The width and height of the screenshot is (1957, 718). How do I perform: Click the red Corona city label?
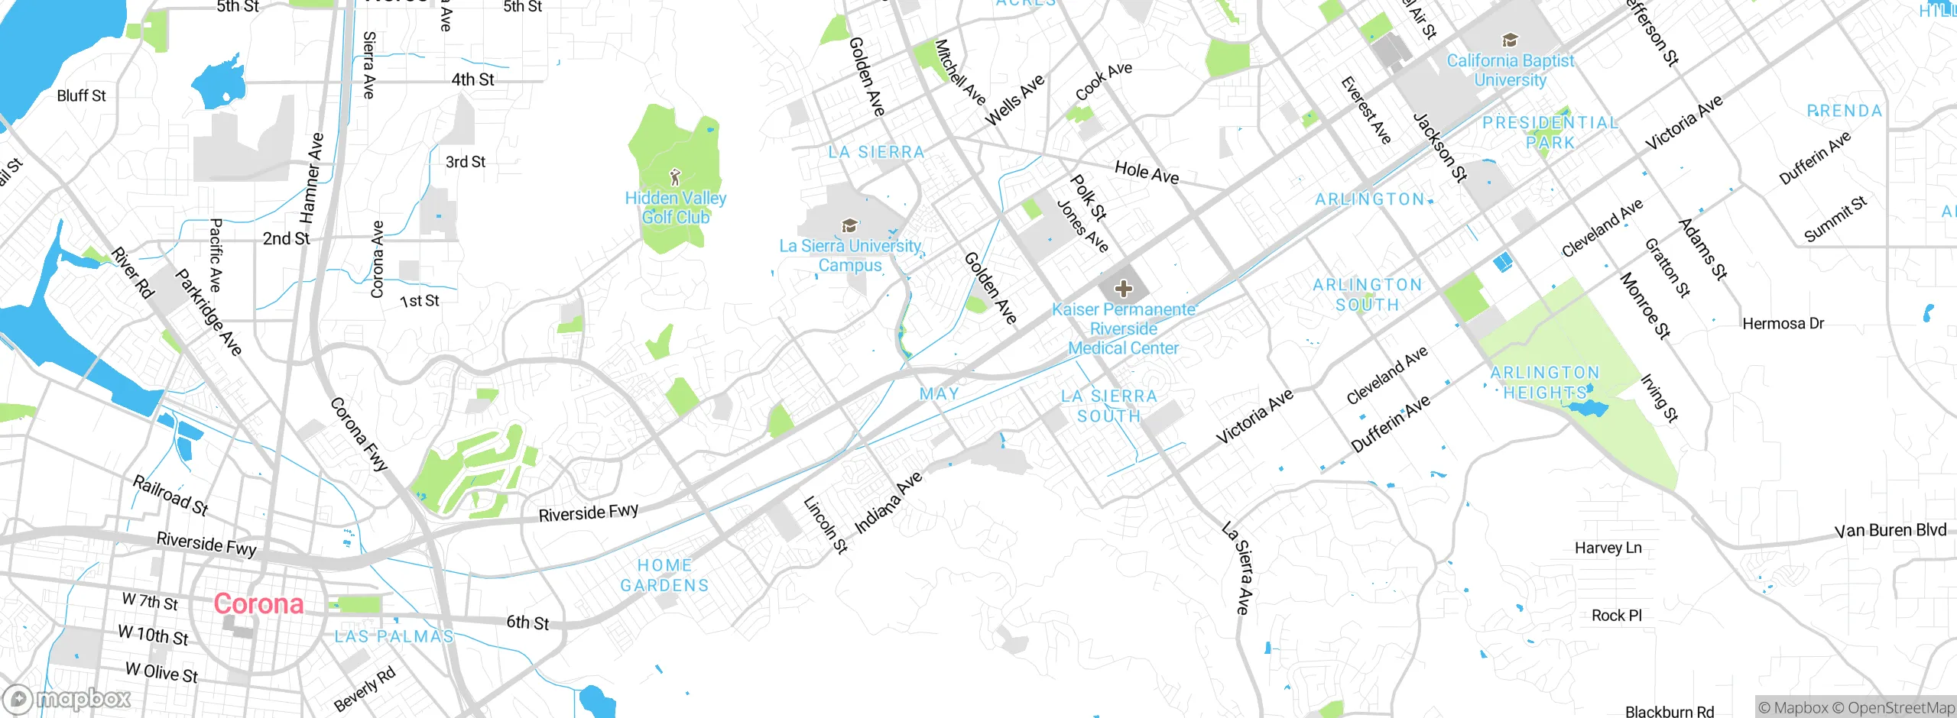pos(258,604)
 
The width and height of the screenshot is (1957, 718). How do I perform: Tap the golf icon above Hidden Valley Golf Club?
pos(674,178)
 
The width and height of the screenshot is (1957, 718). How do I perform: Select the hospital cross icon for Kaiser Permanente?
pos(1123,289)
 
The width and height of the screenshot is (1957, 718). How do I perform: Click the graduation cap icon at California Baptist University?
pos(1510,40)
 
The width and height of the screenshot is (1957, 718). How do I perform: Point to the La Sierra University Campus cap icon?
pos(849,225)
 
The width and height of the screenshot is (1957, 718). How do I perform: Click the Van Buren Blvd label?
pos(1890,530)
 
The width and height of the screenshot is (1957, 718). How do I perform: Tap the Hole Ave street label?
pos(1146,172)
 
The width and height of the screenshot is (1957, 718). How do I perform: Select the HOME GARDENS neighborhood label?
pos(664,575)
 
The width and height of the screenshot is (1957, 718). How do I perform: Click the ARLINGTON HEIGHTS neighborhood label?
pos(1545,383)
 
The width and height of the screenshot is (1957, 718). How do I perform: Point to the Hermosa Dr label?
pos(1783,324)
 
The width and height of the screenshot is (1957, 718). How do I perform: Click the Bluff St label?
pos(81,95)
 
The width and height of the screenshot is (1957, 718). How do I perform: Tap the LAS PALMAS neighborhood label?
pos(394,636)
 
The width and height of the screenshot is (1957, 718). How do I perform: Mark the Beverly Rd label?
pos(365,689)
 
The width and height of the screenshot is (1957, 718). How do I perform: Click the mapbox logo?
pos(67,698)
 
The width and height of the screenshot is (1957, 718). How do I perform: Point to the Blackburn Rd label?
pos(1670,711)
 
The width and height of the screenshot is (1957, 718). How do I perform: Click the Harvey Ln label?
pos(1608,548)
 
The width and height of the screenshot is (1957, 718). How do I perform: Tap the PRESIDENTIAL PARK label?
pos(1550,132)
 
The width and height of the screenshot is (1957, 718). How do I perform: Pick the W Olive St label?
pos(161,673)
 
